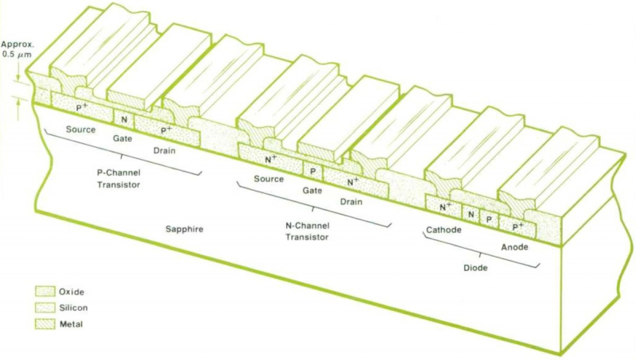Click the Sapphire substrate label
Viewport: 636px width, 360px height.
click(184, 229)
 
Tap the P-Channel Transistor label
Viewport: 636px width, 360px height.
click(117, 178)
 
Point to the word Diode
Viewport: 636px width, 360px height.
click(475, 268)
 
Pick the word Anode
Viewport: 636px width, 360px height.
click(515, 247)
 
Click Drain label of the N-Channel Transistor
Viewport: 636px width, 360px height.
click(351, 202)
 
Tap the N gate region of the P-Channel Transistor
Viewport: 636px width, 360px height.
click(123, 119)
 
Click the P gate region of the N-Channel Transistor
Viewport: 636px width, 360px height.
click(312, 171)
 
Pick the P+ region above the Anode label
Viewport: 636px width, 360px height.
click(518, 226)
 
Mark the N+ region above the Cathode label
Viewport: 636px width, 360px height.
click(446, 207)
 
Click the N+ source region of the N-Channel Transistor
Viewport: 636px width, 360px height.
click(270, 160)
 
